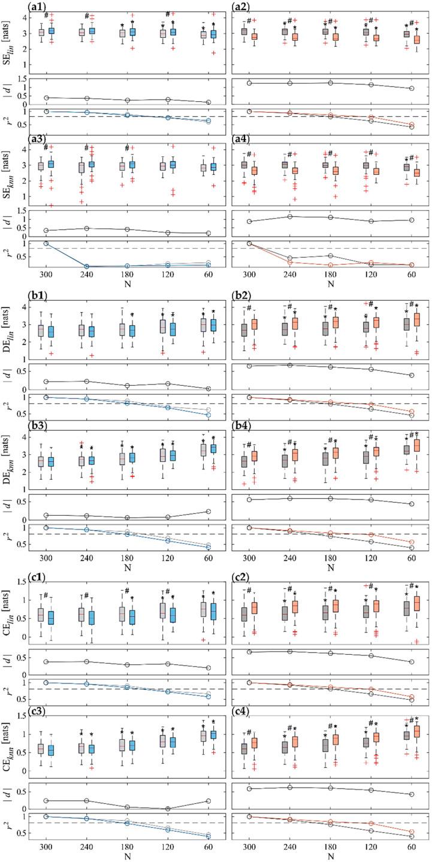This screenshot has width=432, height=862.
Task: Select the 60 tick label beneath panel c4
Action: (413, 847)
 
